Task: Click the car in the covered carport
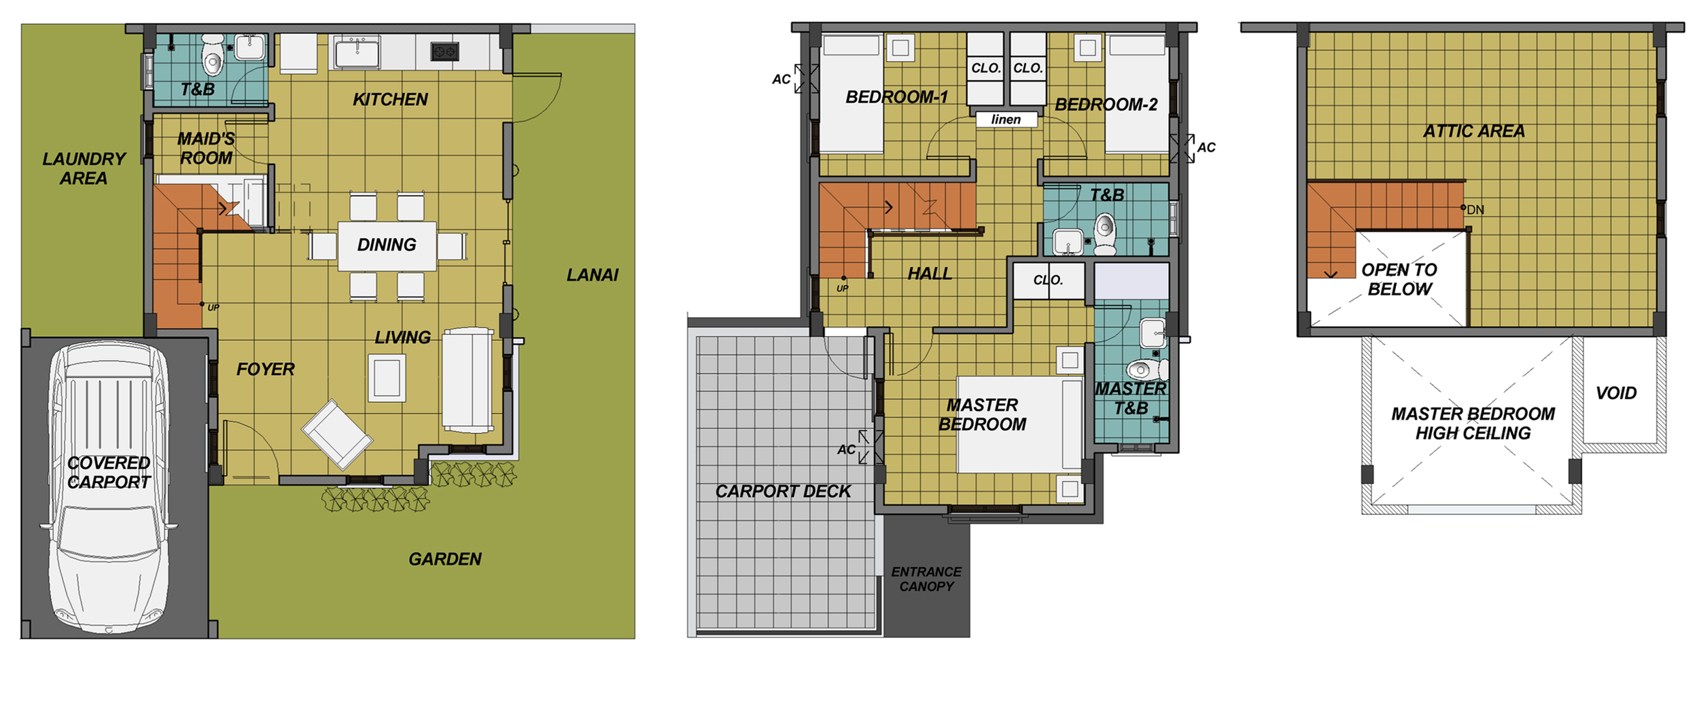click(x=109, y=487)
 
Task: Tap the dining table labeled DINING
click(x=387, y=246)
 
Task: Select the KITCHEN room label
click(x=390, y=100)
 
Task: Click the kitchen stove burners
click(x=445, y=51)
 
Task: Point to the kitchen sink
click(x=356, y=52)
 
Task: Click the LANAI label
click(x=592, y=275)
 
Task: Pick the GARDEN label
click(x=444, y=559)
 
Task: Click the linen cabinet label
click(x=1006, y=120)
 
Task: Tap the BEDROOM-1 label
click(x=896, y=97)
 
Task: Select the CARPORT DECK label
click(x=783, y=491)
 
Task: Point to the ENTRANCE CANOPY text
click(x=926, y=579)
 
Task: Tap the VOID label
click(x=1616, y=393)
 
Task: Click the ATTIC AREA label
click(x=1474, y=131)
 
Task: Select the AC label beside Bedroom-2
click(x=1206, y=147)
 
